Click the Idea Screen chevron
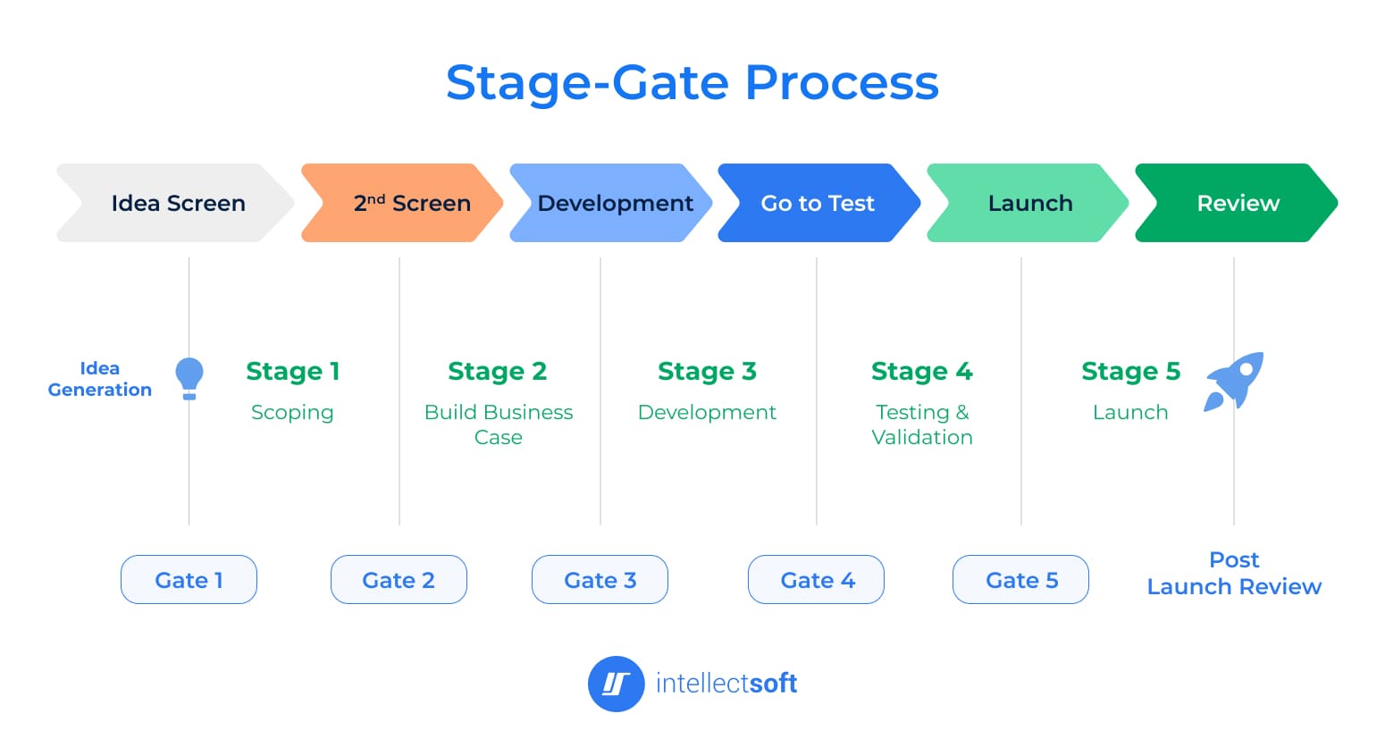[177, 203]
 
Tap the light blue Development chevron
[614, 203]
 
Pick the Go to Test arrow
[818, 203]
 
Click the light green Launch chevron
[1029, 203]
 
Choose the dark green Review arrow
[1238, 203]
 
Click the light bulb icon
[189, 378]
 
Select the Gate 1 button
[189, 580]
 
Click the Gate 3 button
[600, 580]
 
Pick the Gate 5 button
[1020, 580]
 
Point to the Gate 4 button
[816, 580]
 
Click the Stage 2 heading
[497, 371]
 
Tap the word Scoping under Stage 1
[292, 413]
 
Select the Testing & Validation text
[922, 424]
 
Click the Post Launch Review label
[1234, 573]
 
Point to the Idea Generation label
[100, 379]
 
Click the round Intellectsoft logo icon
[616, 684]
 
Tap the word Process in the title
[841, 82]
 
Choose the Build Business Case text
[499, 424]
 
